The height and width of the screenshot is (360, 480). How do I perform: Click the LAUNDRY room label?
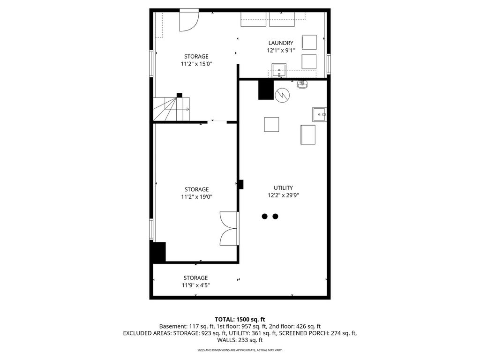point(281,43)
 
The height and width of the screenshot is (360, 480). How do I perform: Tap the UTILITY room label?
point(283,188)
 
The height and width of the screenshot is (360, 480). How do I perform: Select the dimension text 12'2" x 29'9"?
point(283,195)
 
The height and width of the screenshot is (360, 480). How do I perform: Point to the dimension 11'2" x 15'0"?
point(196,64)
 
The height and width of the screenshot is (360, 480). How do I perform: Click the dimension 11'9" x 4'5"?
point(195,285)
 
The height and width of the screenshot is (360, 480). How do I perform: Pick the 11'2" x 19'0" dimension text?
point(196,197)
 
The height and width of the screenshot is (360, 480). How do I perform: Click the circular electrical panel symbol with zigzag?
point(283,95)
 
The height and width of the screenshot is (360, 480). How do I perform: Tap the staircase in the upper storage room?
point(172,109)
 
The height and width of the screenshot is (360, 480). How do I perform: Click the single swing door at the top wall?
point(189,20)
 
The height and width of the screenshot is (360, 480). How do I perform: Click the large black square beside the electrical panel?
point(266,90)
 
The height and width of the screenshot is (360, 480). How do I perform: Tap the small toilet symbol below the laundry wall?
point(302,84)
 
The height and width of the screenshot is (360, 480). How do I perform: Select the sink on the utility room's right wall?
point(320,114)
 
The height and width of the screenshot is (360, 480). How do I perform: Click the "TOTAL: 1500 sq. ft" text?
point(240,320)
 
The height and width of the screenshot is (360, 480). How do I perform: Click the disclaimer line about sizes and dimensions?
point(240,350)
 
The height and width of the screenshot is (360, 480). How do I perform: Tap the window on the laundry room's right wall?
point(329,64)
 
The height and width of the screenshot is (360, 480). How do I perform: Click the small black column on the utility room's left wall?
point(241,184)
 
